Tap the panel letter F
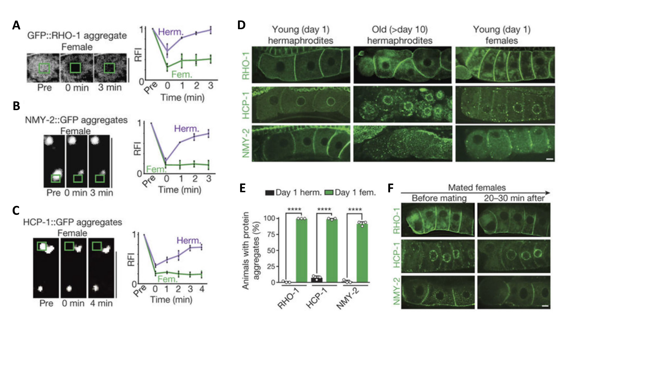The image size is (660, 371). (x=391, y=188)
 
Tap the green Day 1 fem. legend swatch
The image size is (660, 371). (x=329, y=193)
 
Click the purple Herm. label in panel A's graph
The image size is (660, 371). (x=171, y=32)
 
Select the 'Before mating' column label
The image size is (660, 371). (x=439, y=198)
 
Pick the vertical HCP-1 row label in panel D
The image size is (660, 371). (x=246, y=106)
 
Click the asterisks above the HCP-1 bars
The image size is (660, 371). (x=324, y=209)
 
